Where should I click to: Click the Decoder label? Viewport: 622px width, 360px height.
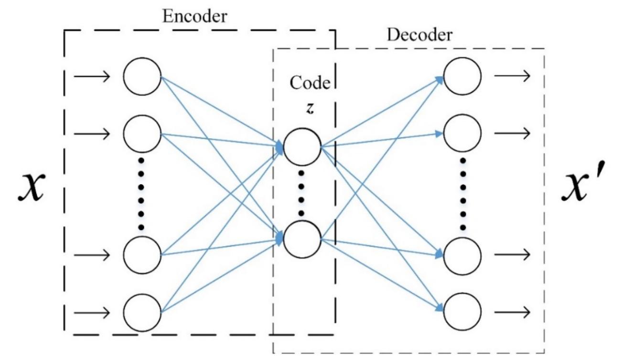pyautogui.click(x=419, y=36)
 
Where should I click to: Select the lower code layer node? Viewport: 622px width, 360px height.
pyautogui.click(x=302, y=238)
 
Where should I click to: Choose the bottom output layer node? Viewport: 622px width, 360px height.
pyautogui.click(x=462, y=312)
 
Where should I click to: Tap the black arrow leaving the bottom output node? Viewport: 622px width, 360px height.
pyautogui.click(x=512, y=312)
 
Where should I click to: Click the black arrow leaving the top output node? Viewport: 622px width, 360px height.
pyautogui.click(x=512, y=76)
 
